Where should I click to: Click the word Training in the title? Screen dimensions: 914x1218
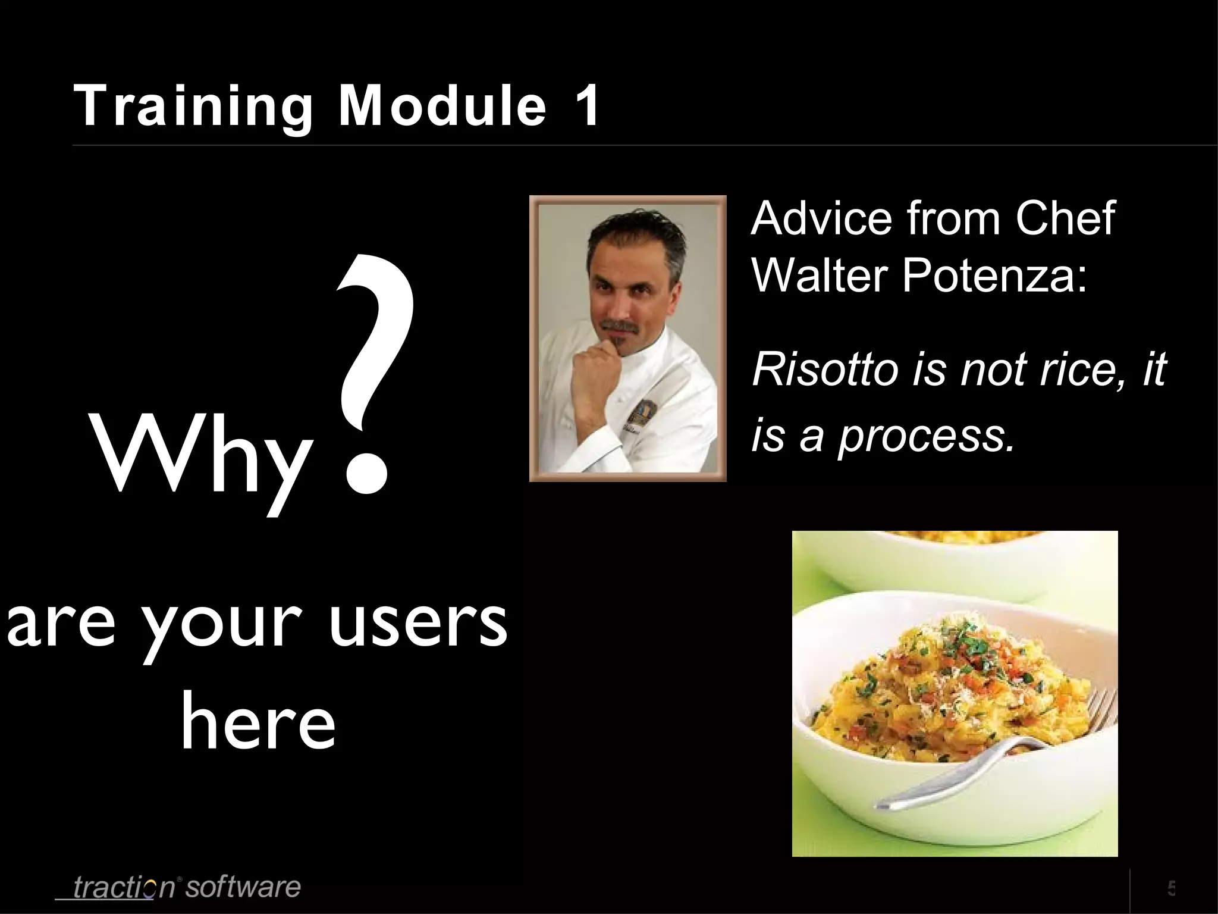(193, 106)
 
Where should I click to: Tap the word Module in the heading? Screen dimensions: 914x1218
(442, 106)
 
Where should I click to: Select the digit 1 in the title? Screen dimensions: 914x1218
(586, 106)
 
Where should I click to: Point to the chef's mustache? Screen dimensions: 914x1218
(619, 326)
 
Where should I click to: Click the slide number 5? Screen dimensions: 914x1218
(1171, 888)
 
